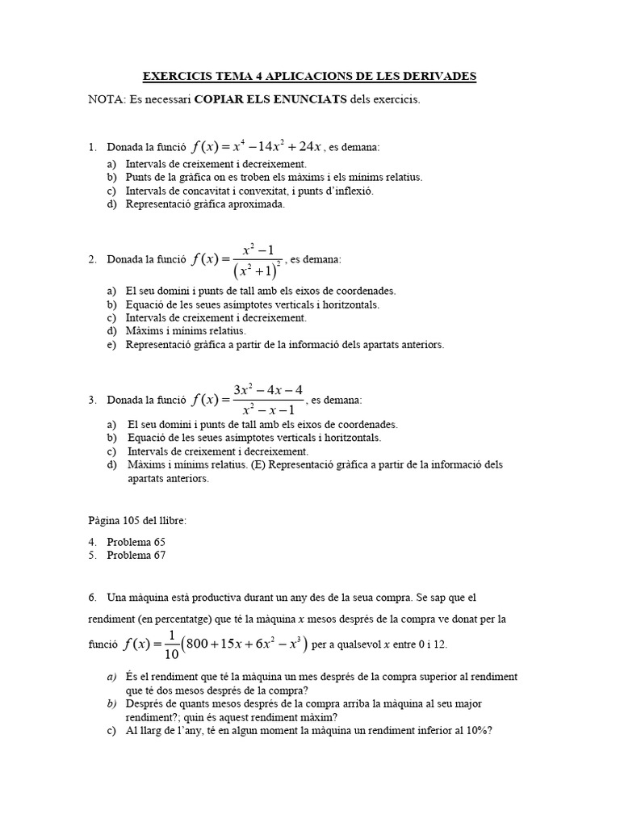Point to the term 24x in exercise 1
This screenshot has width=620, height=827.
click(310, 146)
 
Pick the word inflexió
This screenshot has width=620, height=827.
click(351, 191)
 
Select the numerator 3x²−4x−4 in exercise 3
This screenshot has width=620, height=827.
click(268, 390)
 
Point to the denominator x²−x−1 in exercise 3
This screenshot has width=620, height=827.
click(268, 410)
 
